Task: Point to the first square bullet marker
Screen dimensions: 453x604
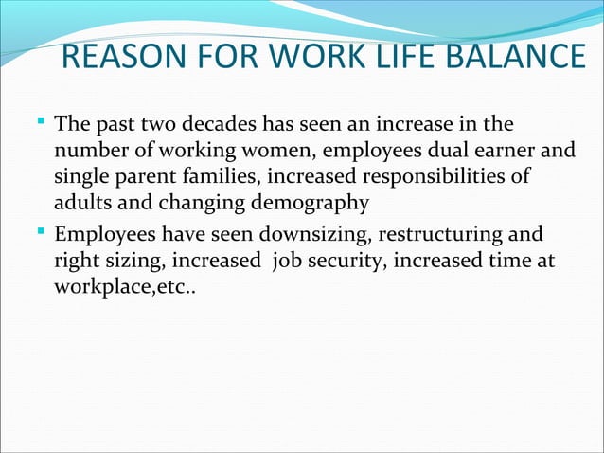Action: pos(44,122)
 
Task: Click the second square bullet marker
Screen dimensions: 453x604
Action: pos(44,232)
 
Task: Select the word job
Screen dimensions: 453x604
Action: pos(287,259)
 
